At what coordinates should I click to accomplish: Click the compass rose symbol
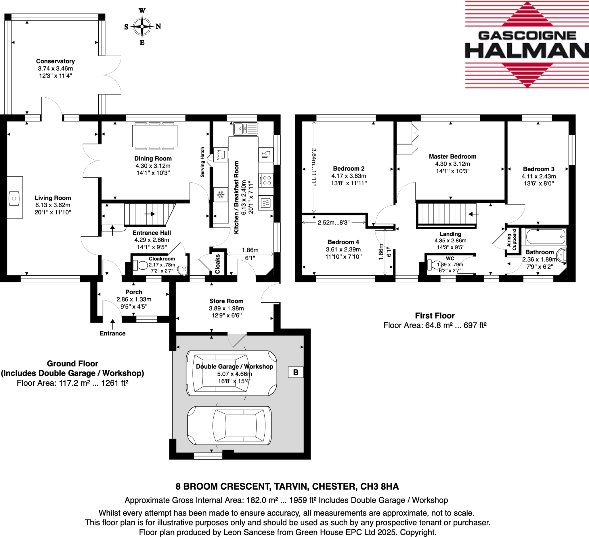coord(142,26)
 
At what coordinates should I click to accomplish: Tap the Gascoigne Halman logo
coord(527,45)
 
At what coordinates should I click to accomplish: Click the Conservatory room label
coord(55,61)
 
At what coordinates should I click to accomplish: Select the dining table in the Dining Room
coord(154,136)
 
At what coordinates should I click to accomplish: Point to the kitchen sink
coord(245,128)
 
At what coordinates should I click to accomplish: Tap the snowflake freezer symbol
coord(221,195)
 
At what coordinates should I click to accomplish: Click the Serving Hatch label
coord(202,162)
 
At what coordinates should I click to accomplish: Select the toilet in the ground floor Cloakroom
coord(141,265)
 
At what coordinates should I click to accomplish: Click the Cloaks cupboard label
coord(218,264)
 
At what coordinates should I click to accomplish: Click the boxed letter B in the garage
coord(296,372)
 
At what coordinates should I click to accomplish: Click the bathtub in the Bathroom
coord(545,236)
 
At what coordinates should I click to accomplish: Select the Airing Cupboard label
coord(512,240)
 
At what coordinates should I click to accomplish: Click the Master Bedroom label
coord(452,157)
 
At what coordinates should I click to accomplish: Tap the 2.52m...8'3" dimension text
coord(333,223)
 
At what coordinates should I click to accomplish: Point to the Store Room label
coord(226,301)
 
